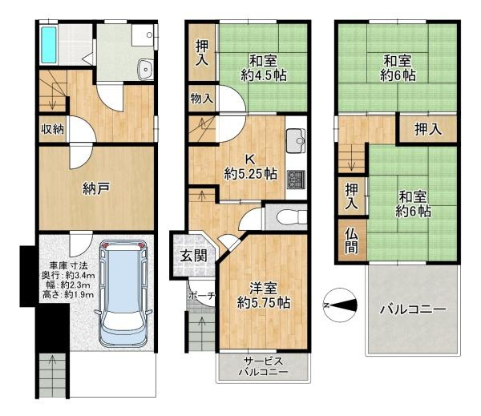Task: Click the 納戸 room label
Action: (95, 189)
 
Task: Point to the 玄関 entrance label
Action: (192, 256)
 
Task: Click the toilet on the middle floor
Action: (285, 216)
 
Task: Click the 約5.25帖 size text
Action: (251, 173)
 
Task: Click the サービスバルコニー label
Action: (263, 366)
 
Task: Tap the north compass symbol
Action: (340, 304)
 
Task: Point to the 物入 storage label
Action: (201, 99)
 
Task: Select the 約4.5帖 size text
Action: (263, 75)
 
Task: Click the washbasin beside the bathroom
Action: (145, 70)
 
